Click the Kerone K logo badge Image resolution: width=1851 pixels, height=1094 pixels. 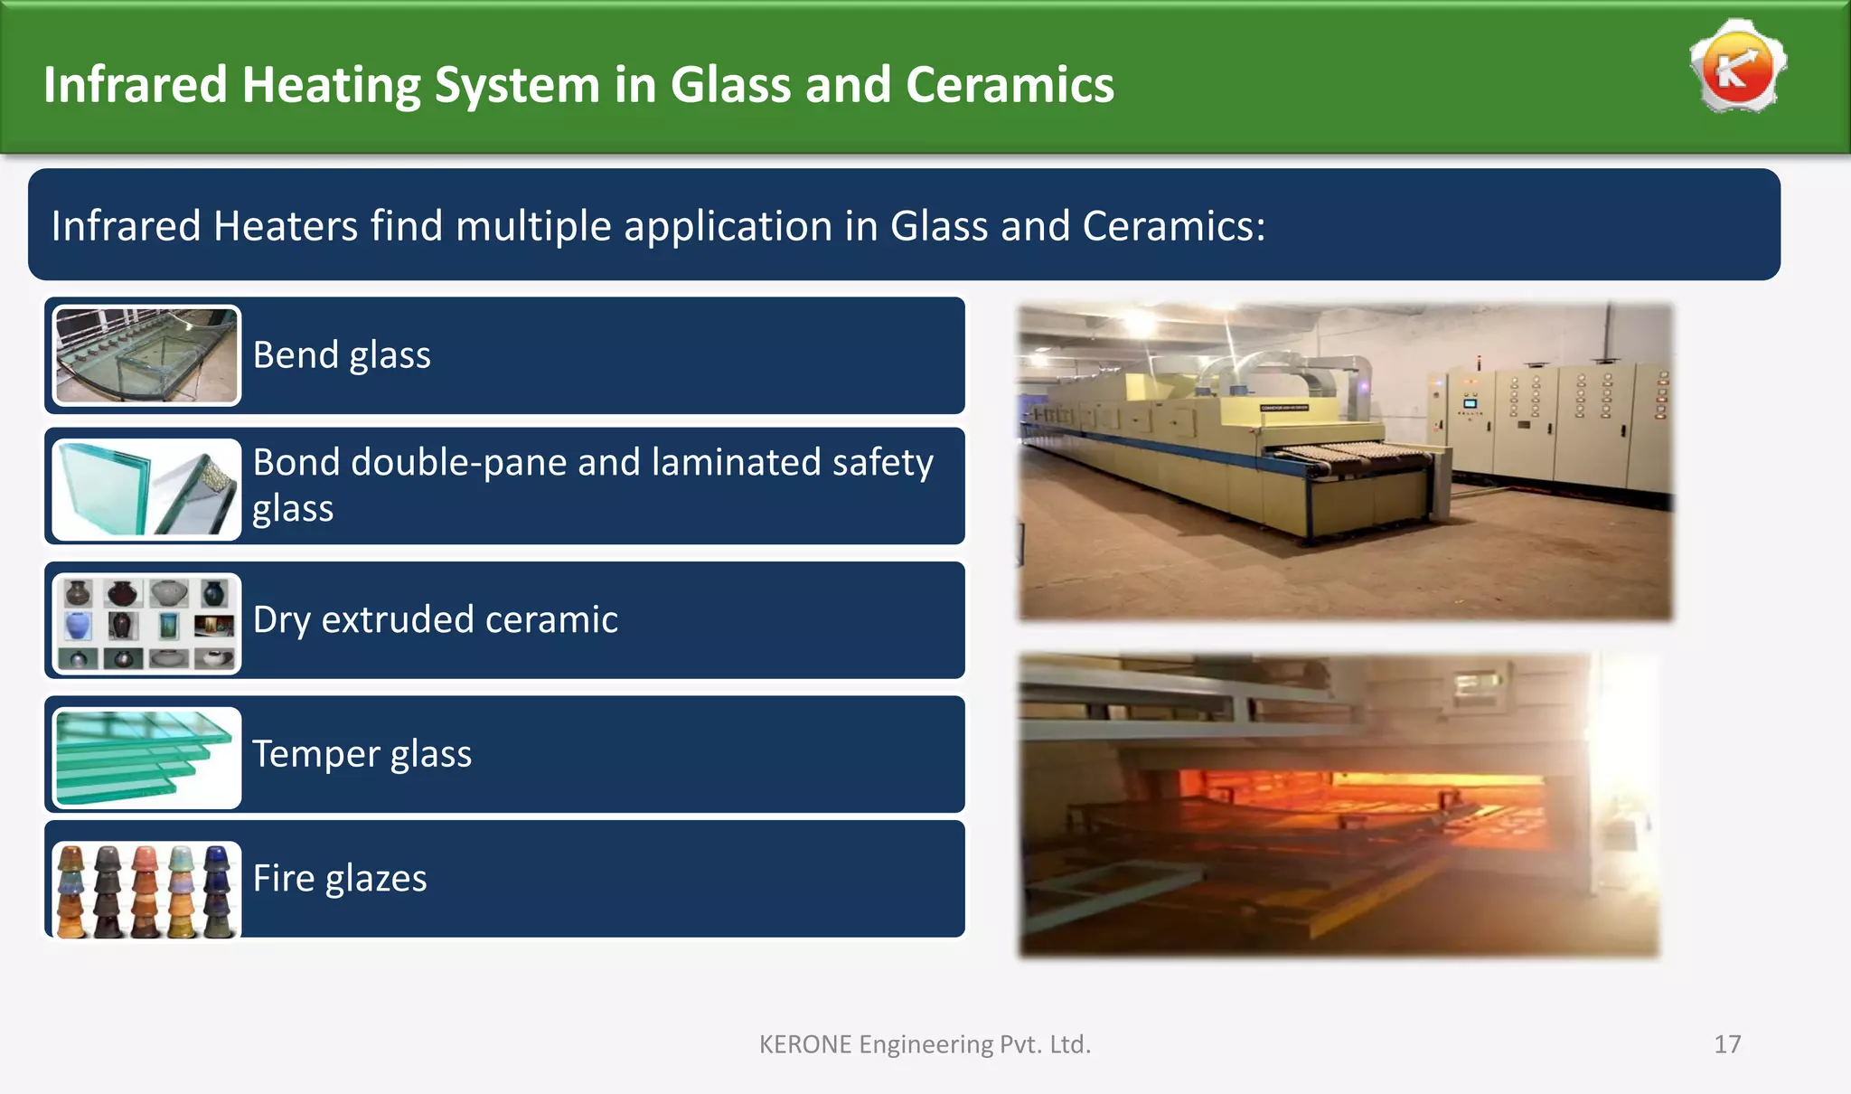pos(1737,68)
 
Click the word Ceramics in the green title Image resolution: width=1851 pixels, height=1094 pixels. pos(1010,85)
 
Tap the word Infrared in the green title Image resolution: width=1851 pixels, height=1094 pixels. pos(135,85)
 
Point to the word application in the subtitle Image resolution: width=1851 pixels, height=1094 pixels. pos(728,226)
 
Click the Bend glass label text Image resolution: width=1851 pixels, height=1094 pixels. pos(342,355)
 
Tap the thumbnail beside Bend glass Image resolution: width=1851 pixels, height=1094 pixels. pos(146,355)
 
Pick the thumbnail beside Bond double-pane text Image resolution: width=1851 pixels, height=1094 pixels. pos(146,489)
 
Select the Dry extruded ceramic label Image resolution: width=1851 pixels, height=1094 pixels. pos(435,620)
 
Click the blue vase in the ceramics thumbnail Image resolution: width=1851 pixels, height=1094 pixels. pos(79,625)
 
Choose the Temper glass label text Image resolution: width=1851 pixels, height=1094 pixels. pos(362,754)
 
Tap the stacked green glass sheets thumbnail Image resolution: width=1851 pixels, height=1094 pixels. pos(146,758)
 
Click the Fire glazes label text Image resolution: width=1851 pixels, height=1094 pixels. pos(339,879)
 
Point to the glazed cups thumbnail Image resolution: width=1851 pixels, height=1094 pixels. pos(146,890)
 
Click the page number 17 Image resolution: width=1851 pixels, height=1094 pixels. pos(1726,1045)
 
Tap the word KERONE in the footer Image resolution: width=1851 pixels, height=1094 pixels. pos(804,1045)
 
